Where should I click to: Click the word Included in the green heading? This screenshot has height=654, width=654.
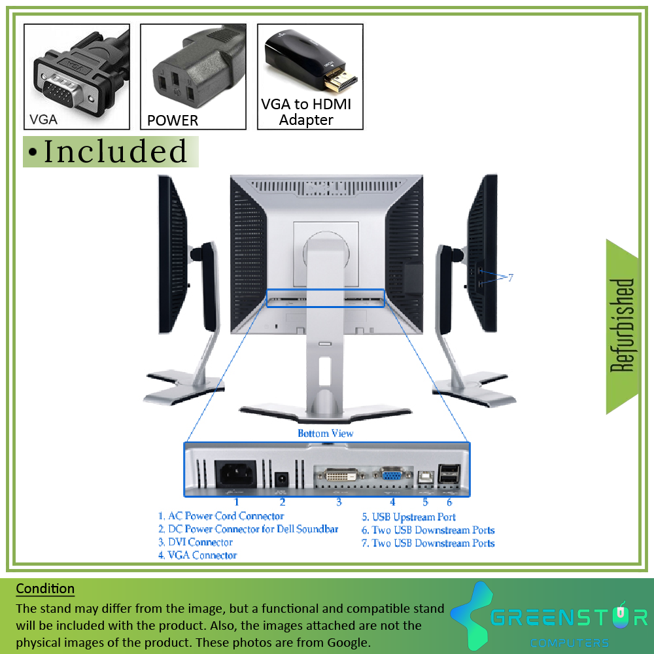115,152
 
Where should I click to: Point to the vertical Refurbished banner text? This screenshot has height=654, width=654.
621,325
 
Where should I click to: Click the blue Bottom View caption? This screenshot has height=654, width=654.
325,434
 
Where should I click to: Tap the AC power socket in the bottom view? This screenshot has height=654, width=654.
236,473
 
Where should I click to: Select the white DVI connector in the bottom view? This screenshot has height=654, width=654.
341,475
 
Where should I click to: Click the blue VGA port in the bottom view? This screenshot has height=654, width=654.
392,475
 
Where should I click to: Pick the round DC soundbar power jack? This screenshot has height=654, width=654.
282,479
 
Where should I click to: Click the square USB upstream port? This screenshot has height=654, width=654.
426,477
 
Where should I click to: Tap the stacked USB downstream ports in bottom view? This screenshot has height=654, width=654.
449,473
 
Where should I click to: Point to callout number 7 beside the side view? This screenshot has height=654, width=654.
511,278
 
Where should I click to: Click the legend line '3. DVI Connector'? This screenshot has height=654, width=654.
195,542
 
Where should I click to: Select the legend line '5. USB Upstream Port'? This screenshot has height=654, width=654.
408,517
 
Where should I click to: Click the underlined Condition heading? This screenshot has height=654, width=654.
45,589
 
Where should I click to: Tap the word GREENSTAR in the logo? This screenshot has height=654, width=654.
568,617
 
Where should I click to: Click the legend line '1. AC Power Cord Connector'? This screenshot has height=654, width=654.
221,516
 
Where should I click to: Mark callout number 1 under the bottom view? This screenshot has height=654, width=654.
237,502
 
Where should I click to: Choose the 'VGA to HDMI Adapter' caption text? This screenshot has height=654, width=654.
306,112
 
